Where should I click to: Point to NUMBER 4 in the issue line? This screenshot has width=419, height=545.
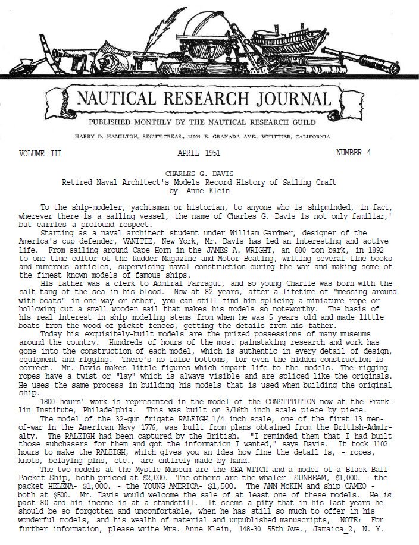point(354,153)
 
